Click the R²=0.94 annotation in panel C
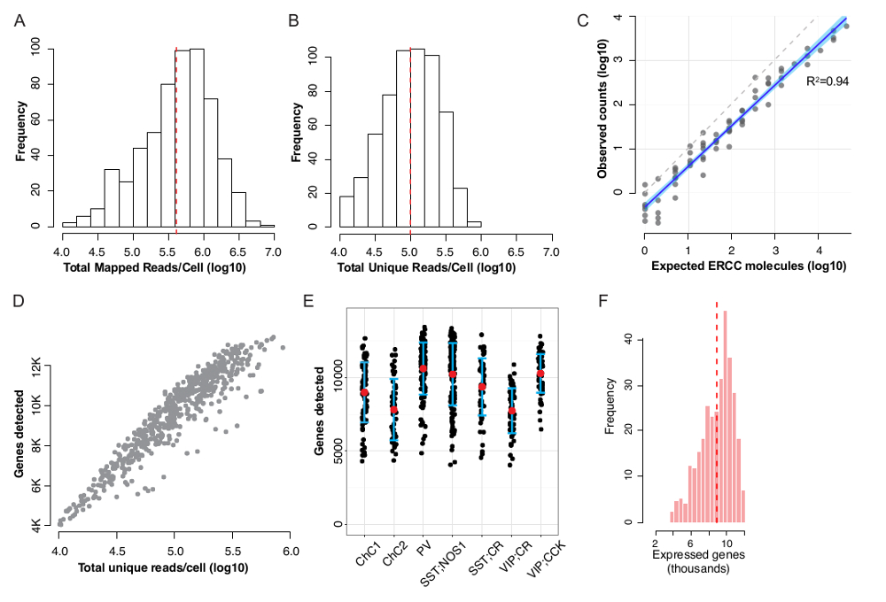pyautogui.click(x=828, y=81)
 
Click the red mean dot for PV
pyautogui.click(x=424, y=368)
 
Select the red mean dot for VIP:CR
pyautogui.click(x=511, y=411)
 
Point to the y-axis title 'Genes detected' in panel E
pyautogui.click(x=320, y=415)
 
